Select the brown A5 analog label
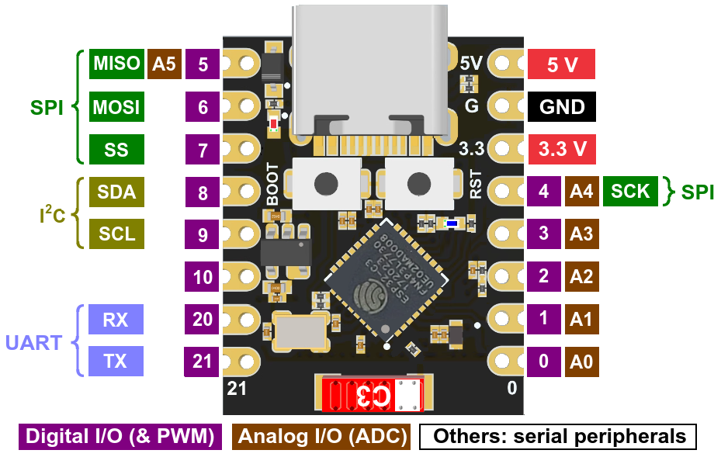(164, 64)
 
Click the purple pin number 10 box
(203, 276)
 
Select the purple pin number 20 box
(203, 319)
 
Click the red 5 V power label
(561, 64)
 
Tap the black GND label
(561, 106)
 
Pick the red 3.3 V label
(561, 149)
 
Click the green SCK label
(629, 191)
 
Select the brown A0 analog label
(581, 361)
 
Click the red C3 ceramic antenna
(369, 395)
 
